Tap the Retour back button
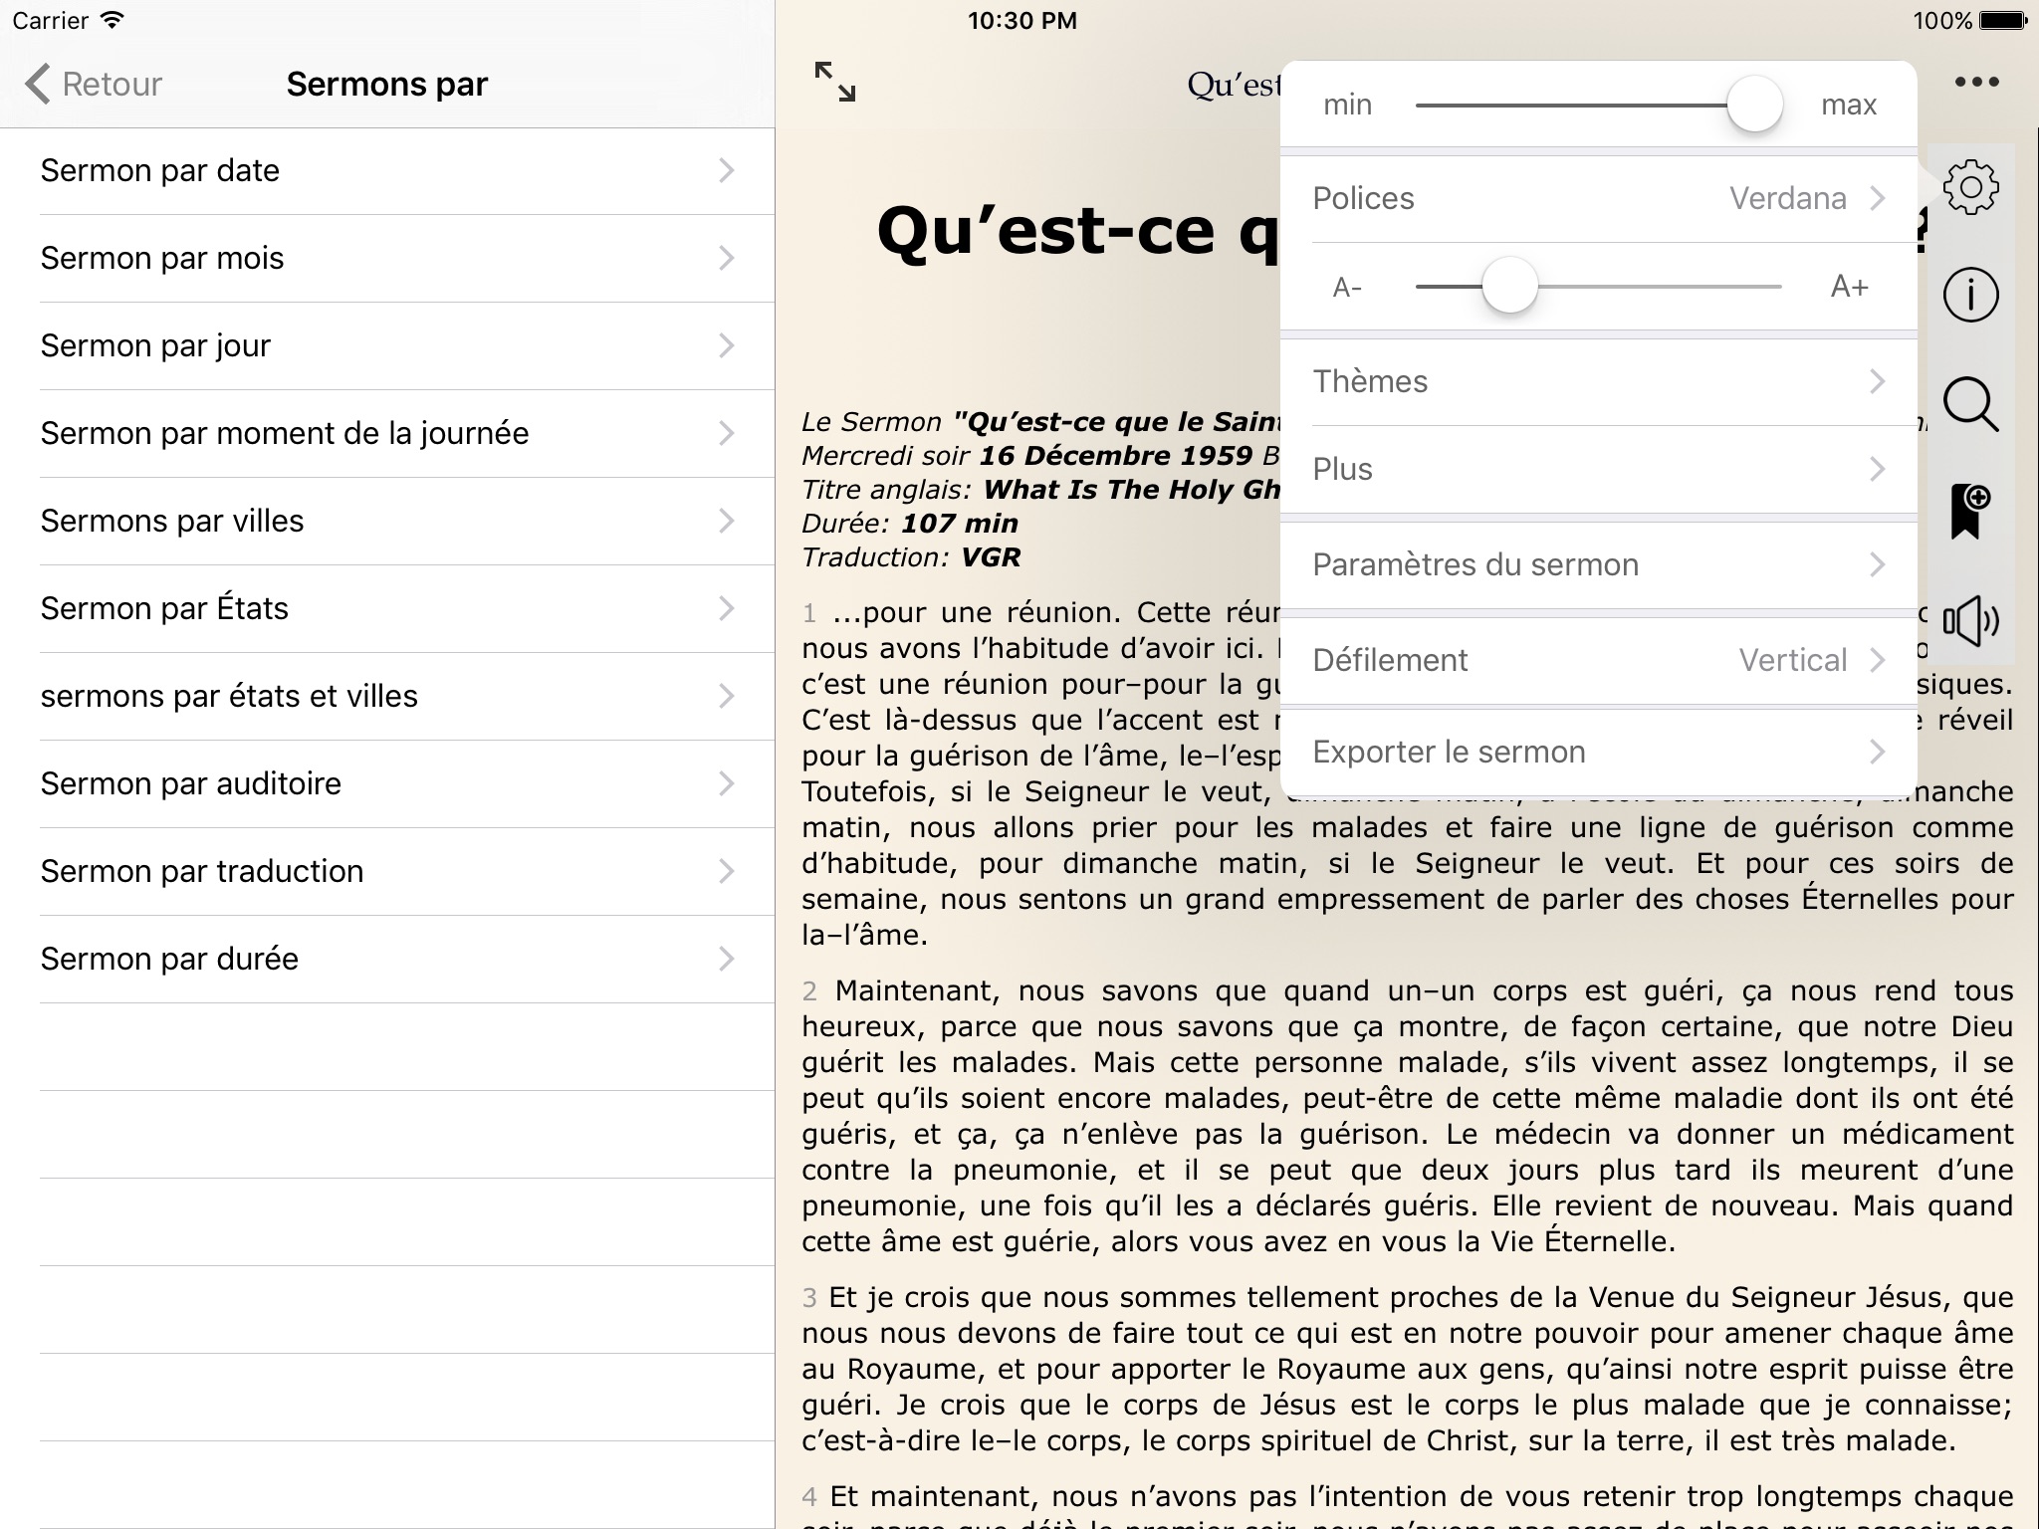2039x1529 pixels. (95, 85)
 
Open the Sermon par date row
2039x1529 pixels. (386, 171)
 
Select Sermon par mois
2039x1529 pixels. (386, 259)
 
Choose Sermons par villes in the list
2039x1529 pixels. (386, 522)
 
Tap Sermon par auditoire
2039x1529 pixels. (386, 784)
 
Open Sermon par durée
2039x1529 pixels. (386, 960)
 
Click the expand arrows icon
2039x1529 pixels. (834, 82)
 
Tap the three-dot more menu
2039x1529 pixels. (1976, 82)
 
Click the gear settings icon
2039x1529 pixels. (1970, 187)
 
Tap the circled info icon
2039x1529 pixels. (1970, 295)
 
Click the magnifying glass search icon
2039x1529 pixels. (1970, 405)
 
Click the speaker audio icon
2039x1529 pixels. (1970, 622)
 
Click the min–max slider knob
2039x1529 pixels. (1753, 105)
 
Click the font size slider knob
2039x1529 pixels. (1509, 287)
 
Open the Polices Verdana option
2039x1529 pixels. (1598, 199)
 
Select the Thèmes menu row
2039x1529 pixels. (1598, 382)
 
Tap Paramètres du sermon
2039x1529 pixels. (1598, 565)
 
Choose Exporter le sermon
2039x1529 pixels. (1598, 753)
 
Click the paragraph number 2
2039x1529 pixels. (810, 991)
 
